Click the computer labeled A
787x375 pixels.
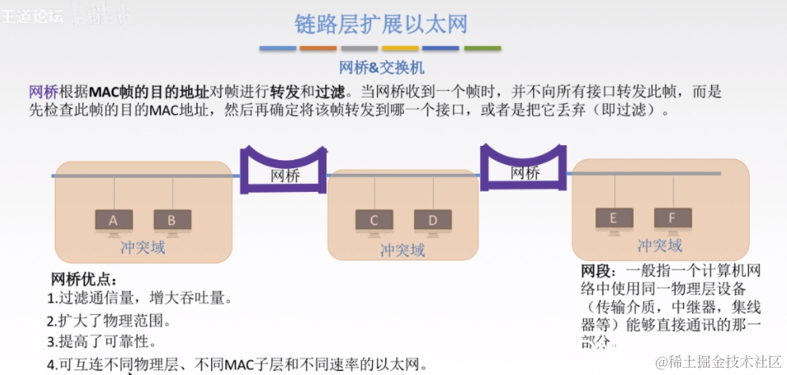click(x=113, y=220)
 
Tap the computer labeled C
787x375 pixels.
click(x=374, y=220)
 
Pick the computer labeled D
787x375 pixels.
click(x=433, y=220)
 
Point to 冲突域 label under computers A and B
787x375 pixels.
click(x=143, y=247)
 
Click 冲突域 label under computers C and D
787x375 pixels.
click(x=402, y=250)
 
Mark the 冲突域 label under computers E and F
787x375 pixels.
click(x=659, y=244)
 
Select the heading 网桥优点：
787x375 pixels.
click(x=83, y=279)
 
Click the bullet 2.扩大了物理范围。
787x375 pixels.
click(x=109, y=321)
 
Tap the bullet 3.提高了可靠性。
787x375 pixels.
click(x=101, y=342)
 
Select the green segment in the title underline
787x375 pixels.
click(x=482, y=48)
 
